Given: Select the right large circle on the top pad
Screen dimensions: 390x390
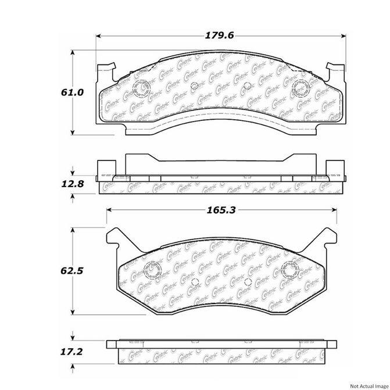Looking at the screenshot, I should (301, 89).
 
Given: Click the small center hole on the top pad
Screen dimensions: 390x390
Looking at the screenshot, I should (246, 88).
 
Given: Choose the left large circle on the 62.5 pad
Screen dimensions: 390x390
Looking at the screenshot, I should (152, 269).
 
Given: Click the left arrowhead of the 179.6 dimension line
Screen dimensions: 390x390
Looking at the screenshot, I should (98, 35).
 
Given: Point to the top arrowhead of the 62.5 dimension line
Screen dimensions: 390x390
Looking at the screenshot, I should (72, 230).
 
